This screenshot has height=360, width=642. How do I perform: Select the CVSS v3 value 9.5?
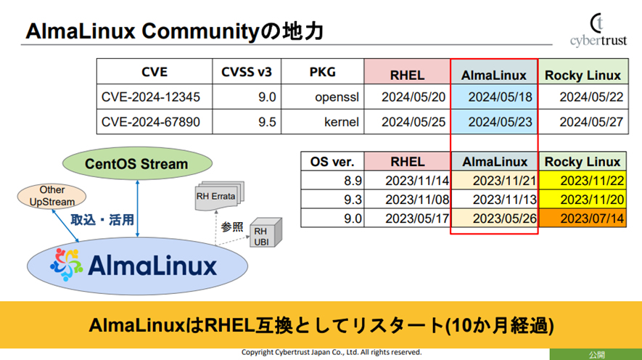(x=248, y=122)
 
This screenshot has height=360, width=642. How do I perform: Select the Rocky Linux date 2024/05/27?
(x=582, y=122)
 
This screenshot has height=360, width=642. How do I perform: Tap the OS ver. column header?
(x=332, y=162)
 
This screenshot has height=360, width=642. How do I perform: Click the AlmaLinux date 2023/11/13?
(x=494, y=199)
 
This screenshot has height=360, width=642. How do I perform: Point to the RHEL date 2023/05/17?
(x=408, y=217)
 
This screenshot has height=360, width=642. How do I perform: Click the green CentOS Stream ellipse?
(x=136, y=163)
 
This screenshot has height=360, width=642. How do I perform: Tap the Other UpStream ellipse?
(x=52, y=197)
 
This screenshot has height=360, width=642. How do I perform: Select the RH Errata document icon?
(x=220, y=194)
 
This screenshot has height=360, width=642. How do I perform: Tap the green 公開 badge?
(x=595, y=354)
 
